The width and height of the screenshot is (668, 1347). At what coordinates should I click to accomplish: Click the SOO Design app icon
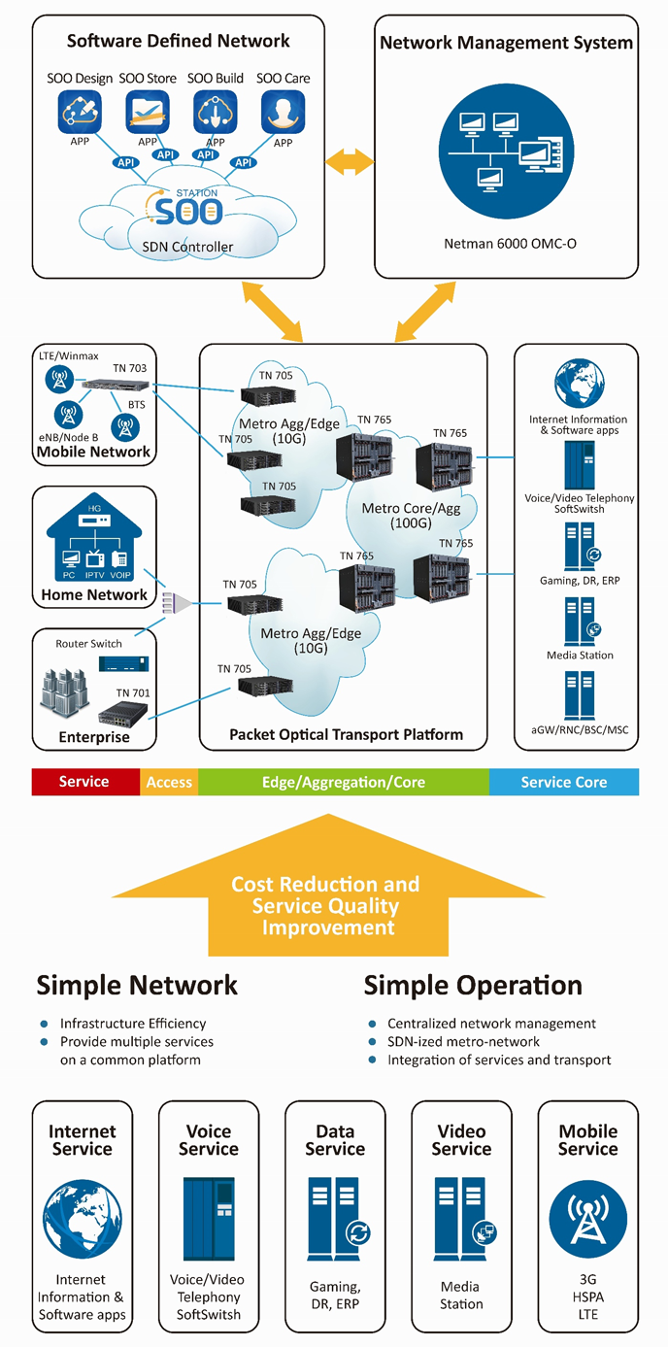pyautogui.click(x=80, y=112)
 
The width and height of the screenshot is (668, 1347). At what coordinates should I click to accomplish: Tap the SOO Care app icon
pyautogui.click(x=284, y=112)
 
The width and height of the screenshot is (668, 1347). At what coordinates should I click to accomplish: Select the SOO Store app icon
pyautogui.click(x=148, y=112)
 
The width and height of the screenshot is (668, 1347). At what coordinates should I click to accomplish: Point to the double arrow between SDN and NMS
pyautogui.click(x=350, y=162)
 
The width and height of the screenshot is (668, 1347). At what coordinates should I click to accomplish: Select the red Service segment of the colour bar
pyautogui.click(x=84, y=782)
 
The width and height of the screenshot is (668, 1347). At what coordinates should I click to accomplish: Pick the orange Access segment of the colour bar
pyautogui.click(x=169, y=782)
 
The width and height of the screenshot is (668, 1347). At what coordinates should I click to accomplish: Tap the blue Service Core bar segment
pyautogui.click(x=563, y=782)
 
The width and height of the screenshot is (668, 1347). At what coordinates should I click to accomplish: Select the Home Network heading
pyautogui.click(x=94, y=594)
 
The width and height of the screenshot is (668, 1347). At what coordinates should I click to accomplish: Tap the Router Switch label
pyautogui.click(x=92, y=644)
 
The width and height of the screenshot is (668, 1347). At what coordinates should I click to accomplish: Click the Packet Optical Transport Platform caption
pyautogui.click(x=346, y=734)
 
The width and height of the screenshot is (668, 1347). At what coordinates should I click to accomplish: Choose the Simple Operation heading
pyautogui.click(x=473, y=986)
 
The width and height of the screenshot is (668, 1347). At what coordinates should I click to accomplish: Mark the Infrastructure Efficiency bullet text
pyautogui.click(x=133, y=1024)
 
